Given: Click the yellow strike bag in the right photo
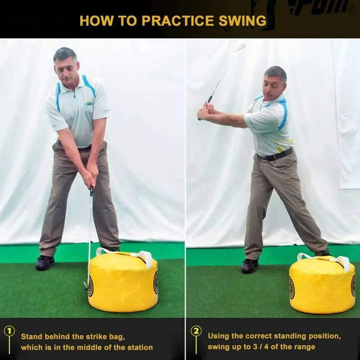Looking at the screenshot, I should click(322, 286).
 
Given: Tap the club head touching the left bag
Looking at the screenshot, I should click(86, 285).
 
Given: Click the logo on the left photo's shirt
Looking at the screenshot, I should click(88, 103).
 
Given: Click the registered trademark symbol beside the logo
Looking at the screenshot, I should click(351, 9).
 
